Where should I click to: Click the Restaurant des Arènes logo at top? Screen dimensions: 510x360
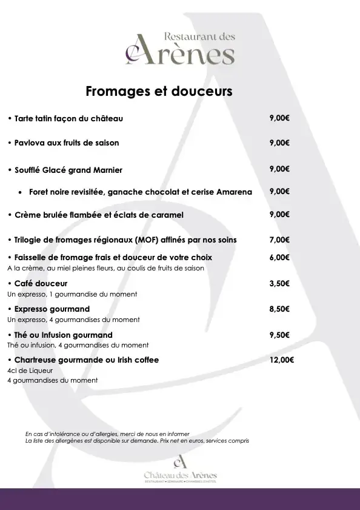(x=180, y=49)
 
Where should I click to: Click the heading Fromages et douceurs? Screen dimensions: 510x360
(x=159, y=92)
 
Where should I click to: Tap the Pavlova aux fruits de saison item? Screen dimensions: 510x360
(x=67, y=143)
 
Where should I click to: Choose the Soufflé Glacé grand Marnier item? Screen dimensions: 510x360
(x=68, y=170)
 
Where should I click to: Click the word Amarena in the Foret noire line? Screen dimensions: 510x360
(x=234, y=192)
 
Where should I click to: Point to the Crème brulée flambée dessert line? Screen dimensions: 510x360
(x=99, y=215)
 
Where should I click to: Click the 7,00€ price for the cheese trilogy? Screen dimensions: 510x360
(x=279, y=240)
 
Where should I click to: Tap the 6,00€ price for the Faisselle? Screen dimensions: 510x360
(x=279, y=257)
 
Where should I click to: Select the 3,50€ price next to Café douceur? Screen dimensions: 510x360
(x=279, y=283)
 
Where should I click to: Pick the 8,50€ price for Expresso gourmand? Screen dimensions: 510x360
(x=279, y=309)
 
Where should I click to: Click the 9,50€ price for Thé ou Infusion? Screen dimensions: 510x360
(x=279, y=335)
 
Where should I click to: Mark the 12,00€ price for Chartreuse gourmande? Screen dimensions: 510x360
(x=281, y=360)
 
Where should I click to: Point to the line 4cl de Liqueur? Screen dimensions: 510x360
(x=30, y=371)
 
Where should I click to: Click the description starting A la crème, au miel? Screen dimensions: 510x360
(x=105, y=268)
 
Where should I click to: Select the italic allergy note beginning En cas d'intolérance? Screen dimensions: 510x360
(x=108, y=434)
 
